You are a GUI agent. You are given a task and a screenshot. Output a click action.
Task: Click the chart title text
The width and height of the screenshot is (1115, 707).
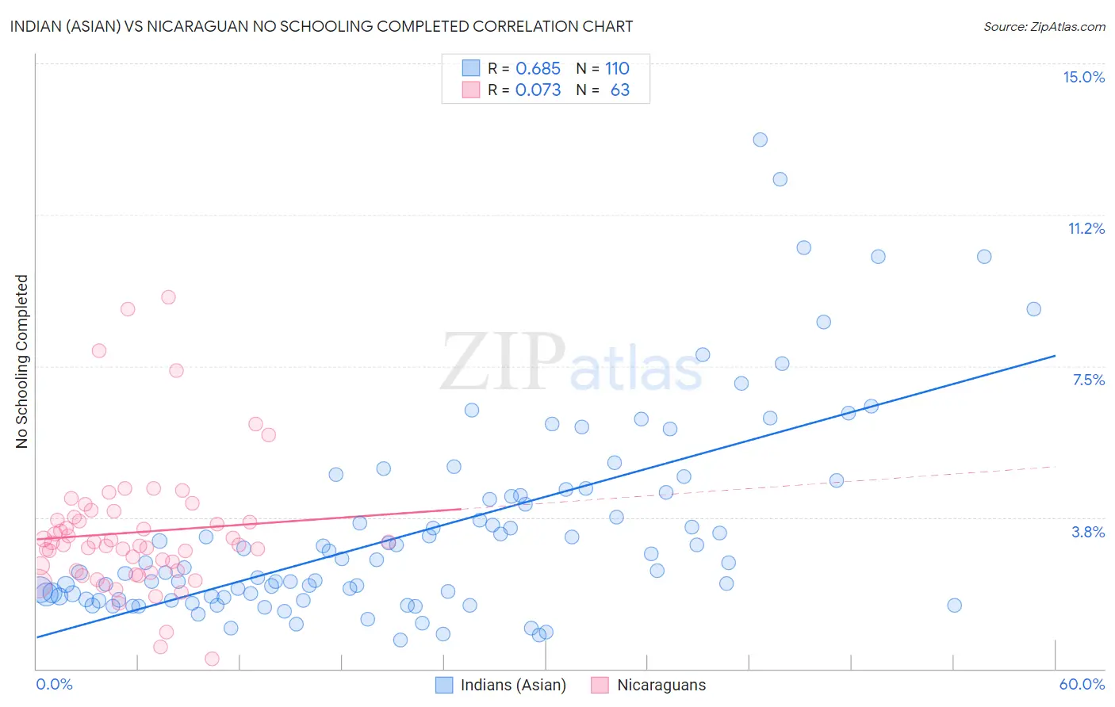pos(321,26)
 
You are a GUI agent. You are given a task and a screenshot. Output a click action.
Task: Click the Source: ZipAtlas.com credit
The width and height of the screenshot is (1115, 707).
pos(1044,26)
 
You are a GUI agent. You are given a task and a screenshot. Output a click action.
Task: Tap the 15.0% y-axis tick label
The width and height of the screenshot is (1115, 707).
pos(1083,77)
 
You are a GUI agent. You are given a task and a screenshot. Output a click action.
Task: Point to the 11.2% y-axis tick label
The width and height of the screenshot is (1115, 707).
pos(1086,228)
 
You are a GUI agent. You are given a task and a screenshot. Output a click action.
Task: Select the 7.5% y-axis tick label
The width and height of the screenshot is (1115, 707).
pos(1088,380)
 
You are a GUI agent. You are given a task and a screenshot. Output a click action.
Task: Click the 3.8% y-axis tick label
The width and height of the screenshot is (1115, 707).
pos(1088,532)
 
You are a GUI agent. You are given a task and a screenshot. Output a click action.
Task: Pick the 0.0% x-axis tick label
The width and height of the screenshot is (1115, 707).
pos(54,684)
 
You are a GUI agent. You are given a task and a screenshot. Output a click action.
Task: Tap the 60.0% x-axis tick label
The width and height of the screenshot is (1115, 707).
pos(1082,684)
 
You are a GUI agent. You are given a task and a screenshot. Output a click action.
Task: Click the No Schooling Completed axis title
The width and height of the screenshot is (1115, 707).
pos(21,361)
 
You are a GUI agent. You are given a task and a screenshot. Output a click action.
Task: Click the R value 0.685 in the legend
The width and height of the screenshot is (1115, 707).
pos(538,68)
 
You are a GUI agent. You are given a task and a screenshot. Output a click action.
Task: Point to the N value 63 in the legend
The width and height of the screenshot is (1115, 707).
pos(619,90)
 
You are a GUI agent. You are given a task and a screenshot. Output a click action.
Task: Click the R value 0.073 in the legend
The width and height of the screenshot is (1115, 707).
pos(538,90)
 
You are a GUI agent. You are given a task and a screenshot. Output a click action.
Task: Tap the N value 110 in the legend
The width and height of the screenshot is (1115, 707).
pos(617,68)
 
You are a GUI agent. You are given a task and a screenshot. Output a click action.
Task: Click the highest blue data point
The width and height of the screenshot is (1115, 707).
pos(760,139)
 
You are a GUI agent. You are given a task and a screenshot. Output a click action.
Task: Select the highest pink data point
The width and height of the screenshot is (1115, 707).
pos(168,297)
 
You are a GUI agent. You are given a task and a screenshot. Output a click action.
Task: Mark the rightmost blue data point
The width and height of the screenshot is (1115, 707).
pos(1033,309)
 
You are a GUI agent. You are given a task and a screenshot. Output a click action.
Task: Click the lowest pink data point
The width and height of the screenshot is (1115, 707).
pos(212,659)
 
